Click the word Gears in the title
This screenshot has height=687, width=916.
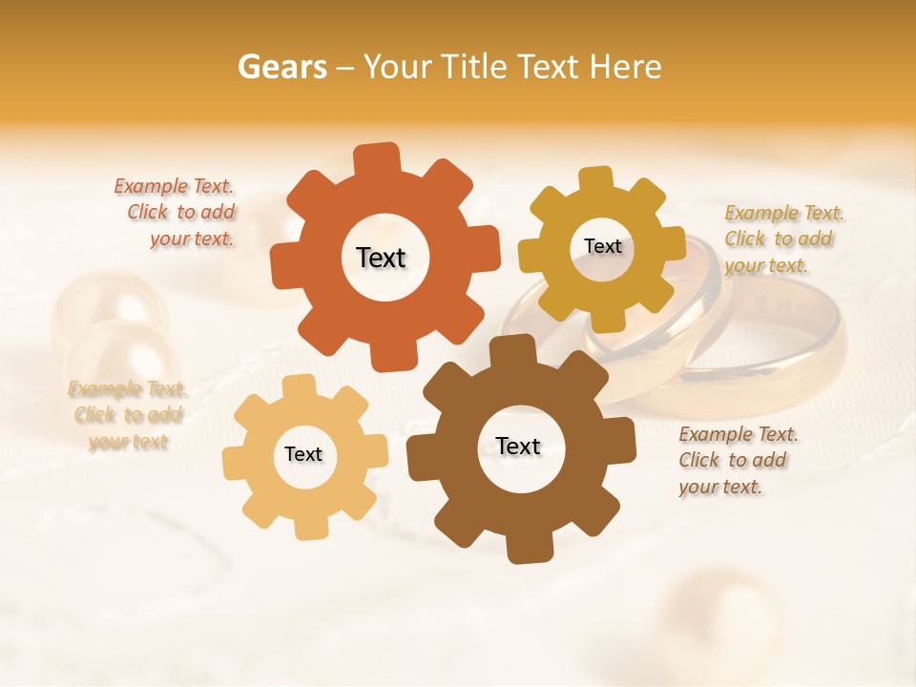pyautogui.click(x=281, y=67)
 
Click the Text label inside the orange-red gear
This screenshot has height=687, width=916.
pyautogui.click(x=381, y=258)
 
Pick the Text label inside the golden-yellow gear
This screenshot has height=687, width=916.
pyautogui.click(x=602, y=246)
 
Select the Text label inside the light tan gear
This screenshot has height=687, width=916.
pyautogui.click(x=303, y=454)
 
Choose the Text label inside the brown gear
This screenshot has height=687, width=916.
pyautogui.click(x=518, y=446)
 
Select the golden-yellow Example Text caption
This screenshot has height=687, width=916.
pyautogui.click(x=782, y=239)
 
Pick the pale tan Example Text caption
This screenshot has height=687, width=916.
pyautogui.click(x=127, y=415)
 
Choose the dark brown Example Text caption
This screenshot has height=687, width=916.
pyautogui.click(x=737, y=460)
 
